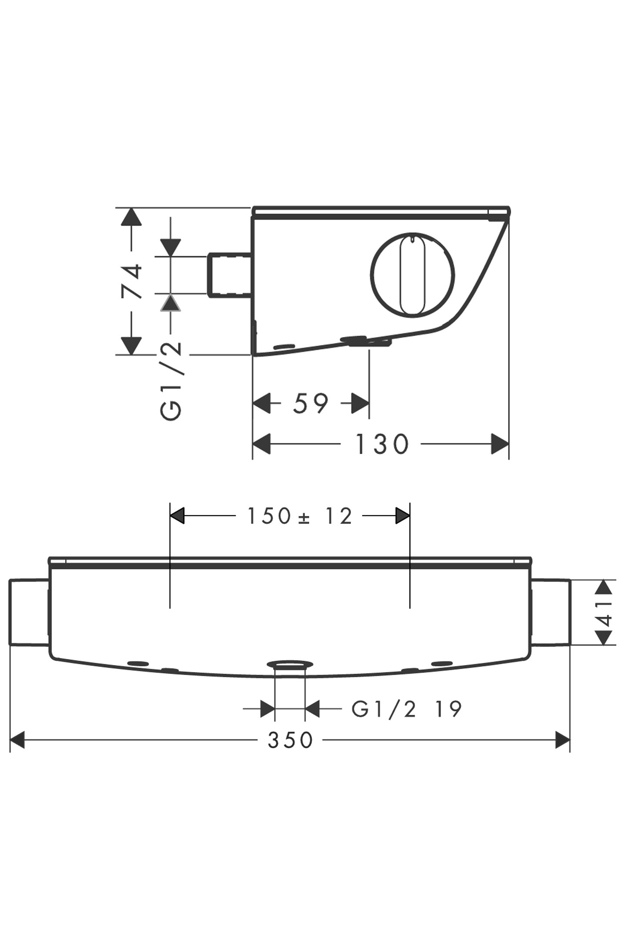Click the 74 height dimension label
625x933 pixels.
pyautogui.click(x=132, y=281)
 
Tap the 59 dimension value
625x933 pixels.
pyautogui.click(x=311, y=403)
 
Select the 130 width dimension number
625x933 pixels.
pyautogui.click(x=382, y=444)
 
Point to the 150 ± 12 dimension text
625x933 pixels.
pyautogui.click(x=299, y=516)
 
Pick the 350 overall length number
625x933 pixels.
pyautogui.click(x=290, y=740)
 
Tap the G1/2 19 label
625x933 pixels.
pyautogui.click(x=406, y=709)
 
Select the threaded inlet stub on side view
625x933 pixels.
pyautogui.click(x=229, y=275)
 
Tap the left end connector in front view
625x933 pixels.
pyautogui.click(x=29, y=612)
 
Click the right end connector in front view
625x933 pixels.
pyautogui.click(x=551, y=612)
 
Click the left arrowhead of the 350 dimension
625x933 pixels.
pyautogui.click(x=17, y=740)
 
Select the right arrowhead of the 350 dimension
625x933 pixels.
pyautogui.click(x=562, y=740)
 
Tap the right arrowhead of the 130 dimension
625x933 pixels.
pyautogui.click(x=500, y=444)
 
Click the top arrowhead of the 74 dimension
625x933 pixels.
pyautogui.click(x=131, y=216)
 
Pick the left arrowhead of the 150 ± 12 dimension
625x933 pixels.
pyautogui.click(x=177, y=516)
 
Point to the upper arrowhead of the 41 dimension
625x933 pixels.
pyautogui.click(x=603, y=587)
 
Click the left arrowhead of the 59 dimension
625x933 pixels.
pyautogui.click(x=261, y=403)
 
